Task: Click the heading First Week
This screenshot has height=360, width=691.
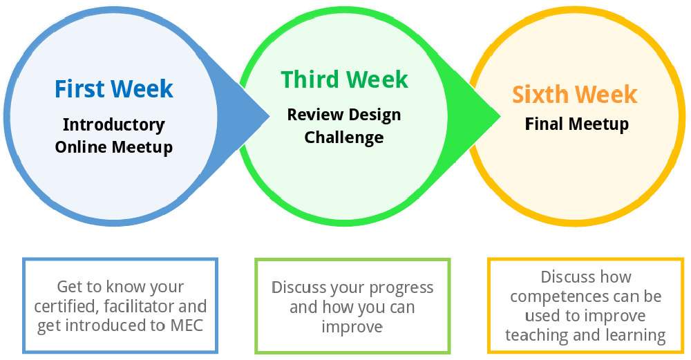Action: [114, 89]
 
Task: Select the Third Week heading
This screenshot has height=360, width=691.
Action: [344, 79]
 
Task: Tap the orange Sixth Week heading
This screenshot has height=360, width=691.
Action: [575, 94]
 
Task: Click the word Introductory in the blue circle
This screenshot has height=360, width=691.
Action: [114, 125]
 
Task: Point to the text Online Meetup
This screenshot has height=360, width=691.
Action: [114, 147]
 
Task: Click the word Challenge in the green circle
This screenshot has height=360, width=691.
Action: [344, 137]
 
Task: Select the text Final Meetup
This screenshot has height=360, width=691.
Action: [577, 124]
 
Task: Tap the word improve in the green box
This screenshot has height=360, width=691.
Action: [352, 325]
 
